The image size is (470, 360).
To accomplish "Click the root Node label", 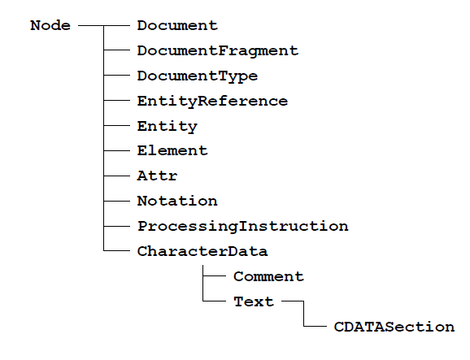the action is point(50,25).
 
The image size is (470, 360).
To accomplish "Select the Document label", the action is point(177,25).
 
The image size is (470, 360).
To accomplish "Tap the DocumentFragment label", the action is point(218,51).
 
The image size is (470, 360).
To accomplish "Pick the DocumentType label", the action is point(198,76).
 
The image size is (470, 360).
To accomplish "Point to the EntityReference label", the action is point(212,102).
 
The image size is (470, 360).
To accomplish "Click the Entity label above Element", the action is point(168,127).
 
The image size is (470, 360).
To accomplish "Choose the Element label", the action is point(172,150).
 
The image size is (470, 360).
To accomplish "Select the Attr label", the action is point(158,176).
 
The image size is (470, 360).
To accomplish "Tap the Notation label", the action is point(177,201).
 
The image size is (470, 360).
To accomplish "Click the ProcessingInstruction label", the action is point(243,227).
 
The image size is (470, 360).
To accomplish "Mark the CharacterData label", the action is point(202,251).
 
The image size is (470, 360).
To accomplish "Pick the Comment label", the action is point(268,276).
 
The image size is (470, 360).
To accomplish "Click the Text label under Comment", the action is point(254,301).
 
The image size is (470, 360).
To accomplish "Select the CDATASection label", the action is point(394,327).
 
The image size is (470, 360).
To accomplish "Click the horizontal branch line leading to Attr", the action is point(117,176).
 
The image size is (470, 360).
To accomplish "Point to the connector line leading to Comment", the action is point(215,275).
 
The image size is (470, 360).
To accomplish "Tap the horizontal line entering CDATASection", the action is point(316,326).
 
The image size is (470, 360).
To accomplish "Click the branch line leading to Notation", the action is point(117,201).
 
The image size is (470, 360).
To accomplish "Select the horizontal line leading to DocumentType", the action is point(117,76).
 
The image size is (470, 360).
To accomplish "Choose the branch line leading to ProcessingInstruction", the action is point(117,226).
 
